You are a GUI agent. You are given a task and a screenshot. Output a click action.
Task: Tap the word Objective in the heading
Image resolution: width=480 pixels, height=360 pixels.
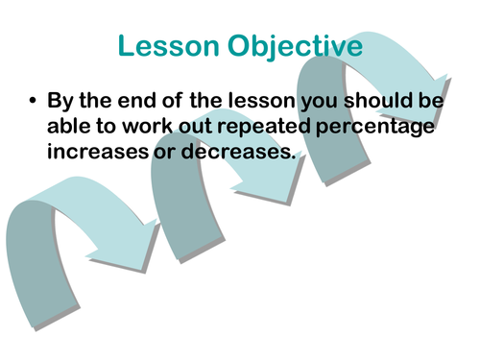coord(290,45)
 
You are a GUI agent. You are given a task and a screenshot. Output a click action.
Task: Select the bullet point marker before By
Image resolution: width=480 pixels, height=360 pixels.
coord(35,100)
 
